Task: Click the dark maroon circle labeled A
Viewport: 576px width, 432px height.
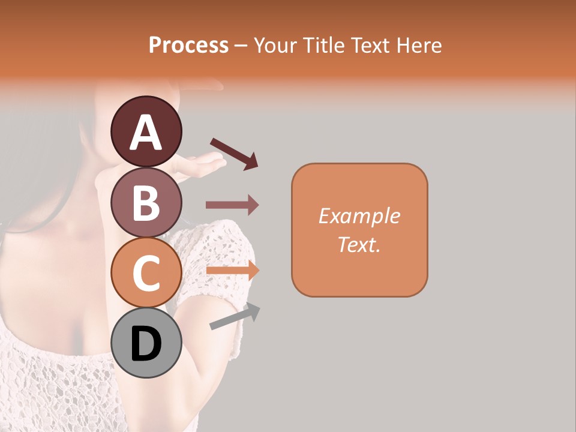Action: click(146, 132)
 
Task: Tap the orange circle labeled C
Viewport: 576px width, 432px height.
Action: click(146, 273)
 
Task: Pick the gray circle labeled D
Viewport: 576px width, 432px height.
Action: click(146, 343)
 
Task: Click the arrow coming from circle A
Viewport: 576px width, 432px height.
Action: click(234, 153)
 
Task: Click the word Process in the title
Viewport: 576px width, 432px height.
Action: click(188, 46)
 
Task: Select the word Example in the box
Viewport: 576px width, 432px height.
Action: click(359, 216)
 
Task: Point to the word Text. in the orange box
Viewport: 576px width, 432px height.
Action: click(359, 244)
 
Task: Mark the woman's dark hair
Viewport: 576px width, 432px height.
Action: click(36, 168)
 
